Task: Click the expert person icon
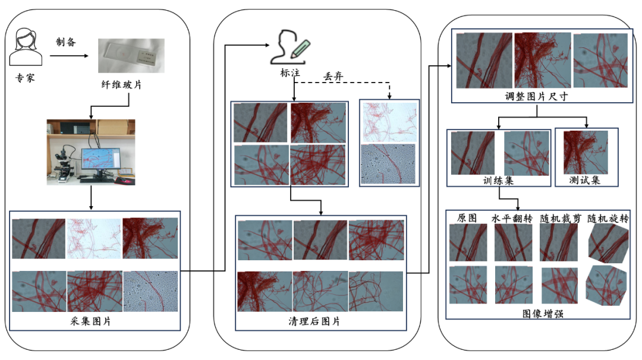27,47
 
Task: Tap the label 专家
27,77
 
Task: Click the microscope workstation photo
91,151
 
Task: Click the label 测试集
586,179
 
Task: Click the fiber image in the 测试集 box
586,152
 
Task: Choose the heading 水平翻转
512,218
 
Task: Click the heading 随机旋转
608,218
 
